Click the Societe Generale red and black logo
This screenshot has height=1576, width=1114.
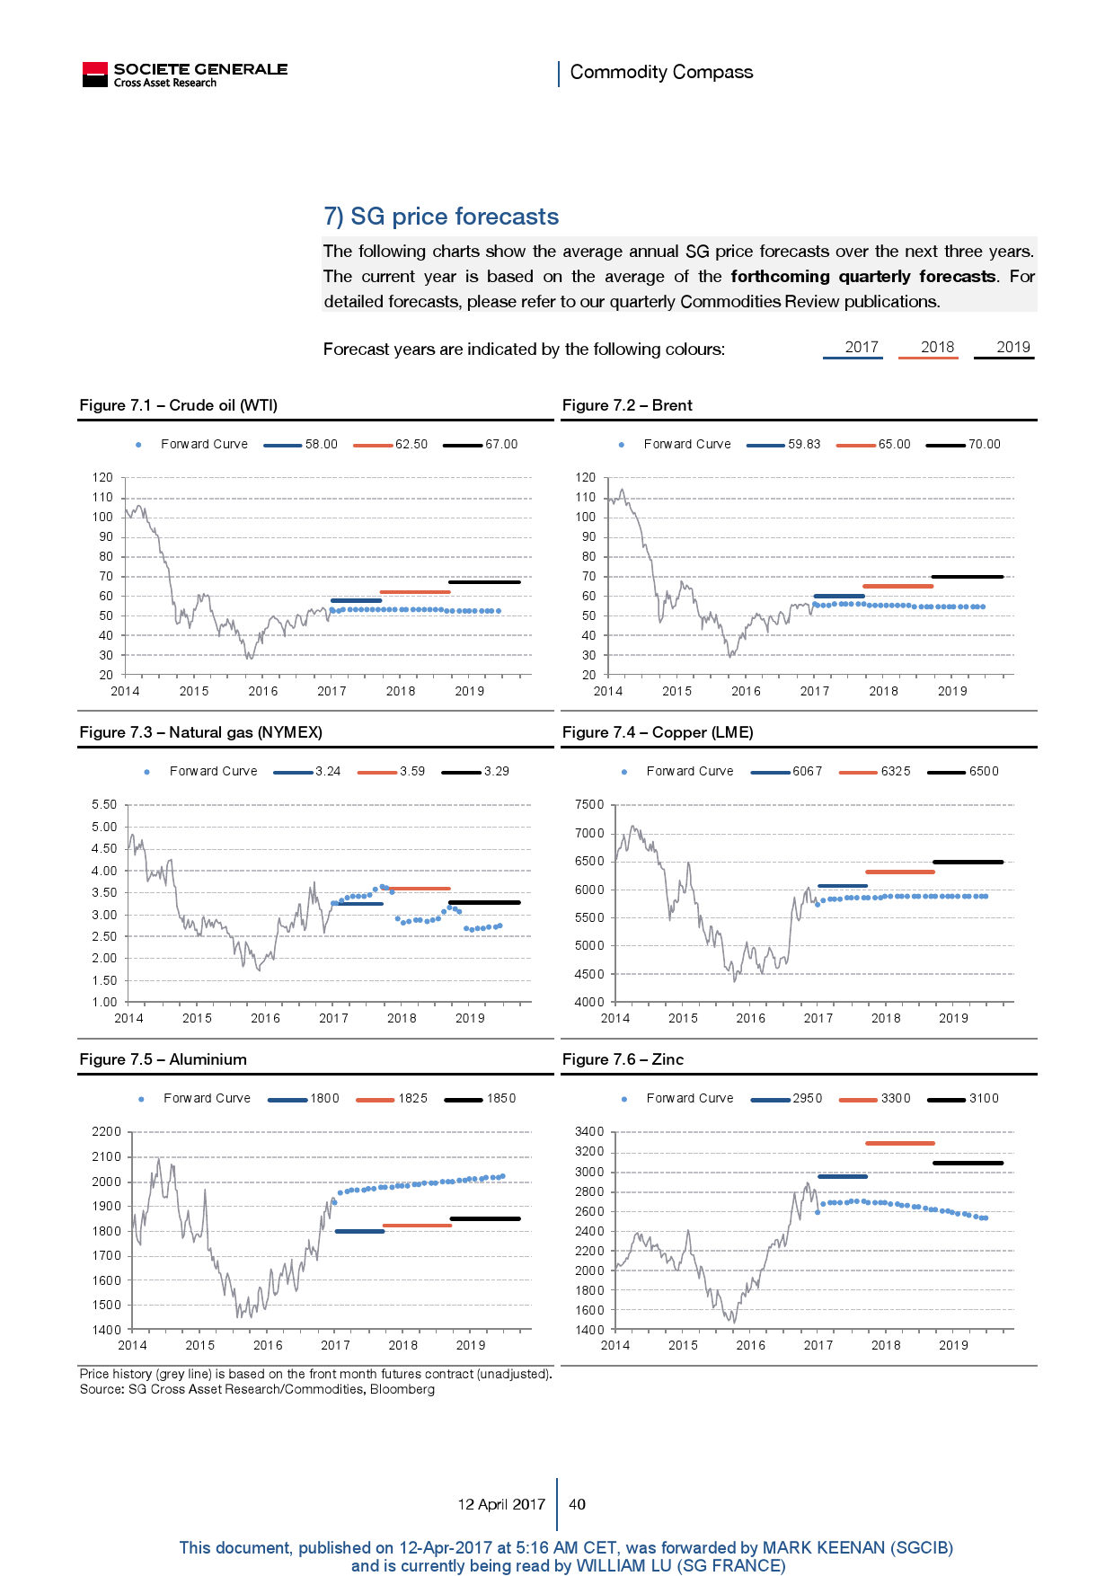point(94,75)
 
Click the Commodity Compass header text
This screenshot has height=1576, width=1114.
point(661,72)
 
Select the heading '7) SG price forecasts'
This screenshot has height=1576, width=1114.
point(441,217)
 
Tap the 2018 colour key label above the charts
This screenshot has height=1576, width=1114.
point(937,347)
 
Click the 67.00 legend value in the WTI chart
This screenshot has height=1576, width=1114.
point(501,444)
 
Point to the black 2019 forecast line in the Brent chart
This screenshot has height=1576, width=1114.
point(968,577)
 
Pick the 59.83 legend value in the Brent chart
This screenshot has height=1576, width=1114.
point(804,444)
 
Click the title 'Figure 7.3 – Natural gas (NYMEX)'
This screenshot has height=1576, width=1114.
point(200,732)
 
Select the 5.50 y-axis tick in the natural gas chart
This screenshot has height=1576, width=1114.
point(104,805)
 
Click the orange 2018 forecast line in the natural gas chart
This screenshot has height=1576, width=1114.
point(419,889)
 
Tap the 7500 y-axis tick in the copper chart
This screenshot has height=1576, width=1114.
point(589,805)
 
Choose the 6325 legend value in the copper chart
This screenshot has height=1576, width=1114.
point(896,771)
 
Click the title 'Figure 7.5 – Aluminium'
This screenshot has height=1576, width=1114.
point(163,1059)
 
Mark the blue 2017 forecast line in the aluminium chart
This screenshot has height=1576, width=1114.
point(359,1231)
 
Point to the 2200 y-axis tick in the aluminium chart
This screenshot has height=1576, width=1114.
point(106,1132)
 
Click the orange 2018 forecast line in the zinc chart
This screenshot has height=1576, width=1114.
point(900,1143)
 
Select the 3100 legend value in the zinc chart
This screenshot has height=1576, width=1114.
point(984,1098)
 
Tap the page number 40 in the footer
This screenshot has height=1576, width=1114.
point(578,1504)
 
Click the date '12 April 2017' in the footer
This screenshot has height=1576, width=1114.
point(501,1504)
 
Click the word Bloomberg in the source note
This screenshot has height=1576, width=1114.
point(402,1389)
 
